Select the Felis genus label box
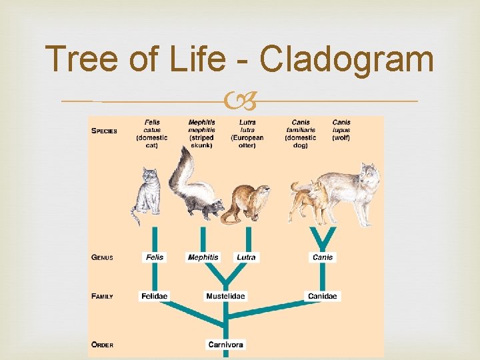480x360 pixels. click(x=154, y=257)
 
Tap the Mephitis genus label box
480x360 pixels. click(x=203, y=257)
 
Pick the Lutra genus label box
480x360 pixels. click(x=246, y=257)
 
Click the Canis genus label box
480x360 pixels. click(x=323, y=257)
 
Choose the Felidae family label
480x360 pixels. click(x=154, y=295)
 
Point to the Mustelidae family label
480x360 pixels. click(x=225, y=295)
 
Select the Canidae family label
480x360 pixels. click(x=323, y=295)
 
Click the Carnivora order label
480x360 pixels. click(x=225, y=345)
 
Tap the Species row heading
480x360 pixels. click(x=104, y=131)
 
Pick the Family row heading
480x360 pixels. click(x=102, y=296)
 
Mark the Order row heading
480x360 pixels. click(x=102, y=345)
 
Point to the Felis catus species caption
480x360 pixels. click(x=152, y=133)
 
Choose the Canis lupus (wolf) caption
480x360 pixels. click(x=341, y=130)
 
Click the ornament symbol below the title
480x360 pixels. click(x=239, y=102)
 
